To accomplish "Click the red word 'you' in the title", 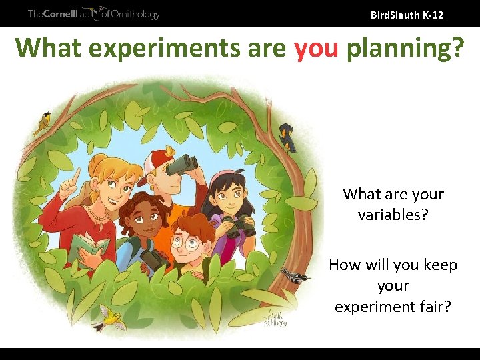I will click(x=317, y=48).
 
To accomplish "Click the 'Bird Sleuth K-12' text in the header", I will click(x=407, y=14).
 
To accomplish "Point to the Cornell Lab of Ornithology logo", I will click(x=93, y=13).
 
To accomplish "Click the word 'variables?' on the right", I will click(x=393, y=215).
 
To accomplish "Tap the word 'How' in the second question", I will click(x=345, y=265).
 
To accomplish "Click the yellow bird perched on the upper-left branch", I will click(x=44, y=123).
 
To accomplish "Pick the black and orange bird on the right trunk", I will click(x=287, y=137).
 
